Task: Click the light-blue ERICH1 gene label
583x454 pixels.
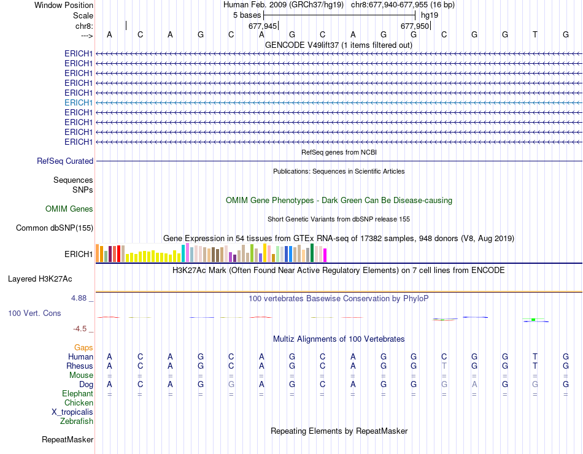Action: [x=79, y=102]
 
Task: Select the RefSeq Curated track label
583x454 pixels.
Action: [x=65, y=161]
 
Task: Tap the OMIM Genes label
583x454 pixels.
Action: [x=69, y=209]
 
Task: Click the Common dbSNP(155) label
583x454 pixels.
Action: [x=55, y=228]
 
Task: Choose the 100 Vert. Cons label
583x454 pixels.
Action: [x=34, y=314]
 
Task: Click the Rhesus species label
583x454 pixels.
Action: [x=80, y=366]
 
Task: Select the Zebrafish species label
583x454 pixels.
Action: [x=77, y=421]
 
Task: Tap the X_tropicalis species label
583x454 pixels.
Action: [x=72, y=412]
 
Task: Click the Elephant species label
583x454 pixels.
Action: [x=77, y=394]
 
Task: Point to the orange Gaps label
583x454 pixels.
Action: [x=83, y=348]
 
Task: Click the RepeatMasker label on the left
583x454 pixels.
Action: [x=68, y=440]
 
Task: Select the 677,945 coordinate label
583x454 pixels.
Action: [x=263, y=26]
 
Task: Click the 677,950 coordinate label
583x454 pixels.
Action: [x=415, y=26]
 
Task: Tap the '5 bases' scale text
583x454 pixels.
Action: [x=247, y=15]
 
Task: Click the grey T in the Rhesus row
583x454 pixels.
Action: [x=444, y=366]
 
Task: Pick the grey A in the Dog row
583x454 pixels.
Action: [x=474, y=385]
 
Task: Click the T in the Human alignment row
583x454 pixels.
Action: [x=535, y=356]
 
